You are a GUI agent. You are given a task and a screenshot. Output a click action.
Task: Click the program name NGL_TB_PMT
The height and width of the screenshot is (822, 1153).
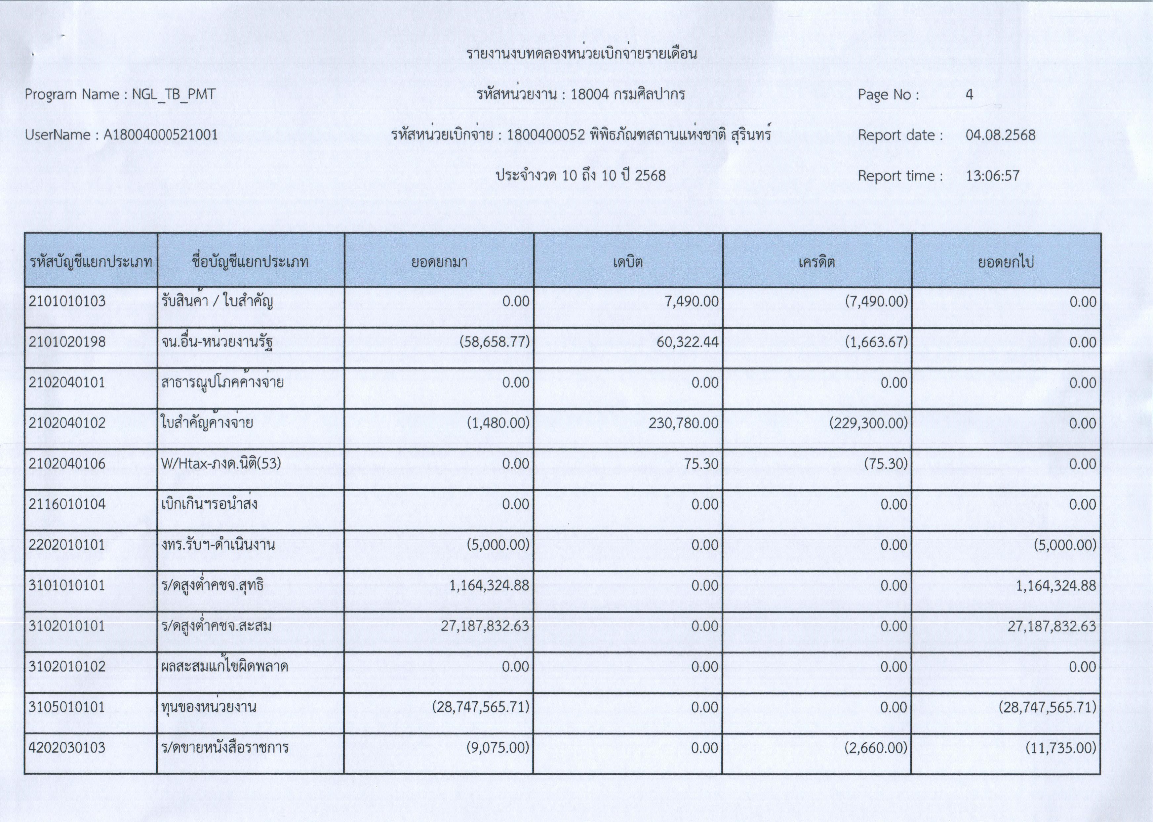pyautogui.click(x=174, y=95)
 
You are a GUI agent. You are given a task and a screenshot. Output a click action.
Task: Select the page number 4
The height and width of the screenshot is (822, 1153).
pyautogui.click(x=969, y=95)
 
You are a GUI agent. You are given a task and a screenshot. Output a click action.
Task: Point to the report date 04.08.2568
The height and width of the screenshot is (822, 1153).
pyautogui.click(x=1000, y=135)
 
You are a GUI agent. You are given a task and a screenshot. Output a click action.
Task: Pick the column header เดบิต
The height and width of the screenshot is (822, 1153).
pyautogui.click(x=628, y=262)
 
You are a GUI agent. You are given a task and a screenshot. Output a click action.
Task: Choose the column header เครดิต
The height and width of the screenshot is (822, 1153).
pyautogui.click(x=816, y=262)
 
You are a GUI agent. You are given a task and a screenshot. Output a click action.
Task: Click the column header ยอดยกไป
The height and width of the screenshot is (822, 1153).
pyautogui.click(x=1005, y=262)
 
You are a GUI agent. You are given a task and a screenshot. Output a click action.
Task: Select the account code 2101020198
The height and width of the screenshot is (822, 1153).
pyautogui.click(x=67, y=342)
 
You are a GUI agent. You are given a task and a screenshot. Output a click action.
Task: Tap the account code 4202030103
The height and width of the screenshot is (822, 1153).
pyautogui.click(x=67, y=748)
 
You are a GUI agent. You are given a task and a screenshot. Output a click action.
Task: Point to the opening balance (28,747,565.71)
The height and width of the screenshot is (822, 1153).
pyautogui.click(x=480, y=707)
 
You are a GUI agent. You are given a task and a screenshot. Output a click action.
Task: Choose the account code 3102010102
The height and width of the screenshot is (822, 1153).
pyautogui.click(x=67, y=667)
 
